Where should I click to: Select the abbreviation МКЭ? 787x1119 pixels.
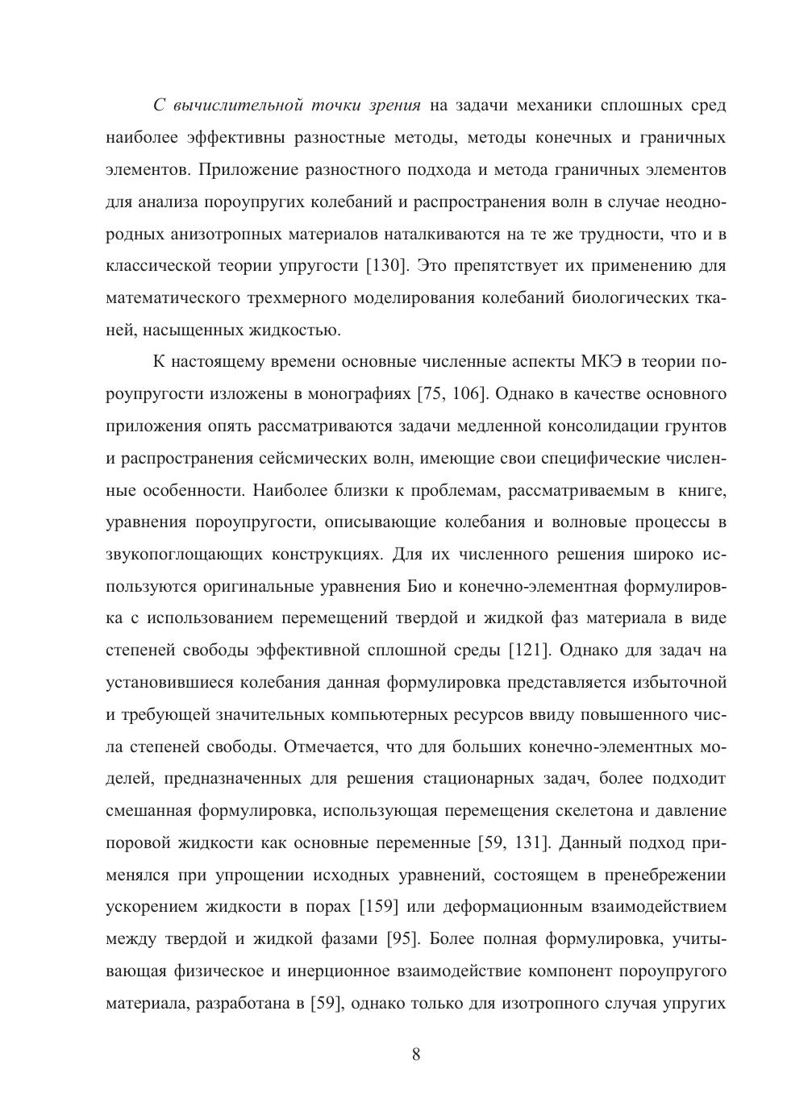click(x=601, y=362)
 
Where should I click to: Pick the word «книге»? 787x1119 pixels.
click(x=702, y=490)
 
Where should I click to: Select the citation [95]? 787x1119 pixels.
click(x=401, y=939)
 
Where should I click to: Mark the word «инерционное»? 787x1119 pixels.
click(x=342, y=971)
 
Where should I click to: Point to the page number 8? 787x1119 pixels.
click(x=416, y=1055)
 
